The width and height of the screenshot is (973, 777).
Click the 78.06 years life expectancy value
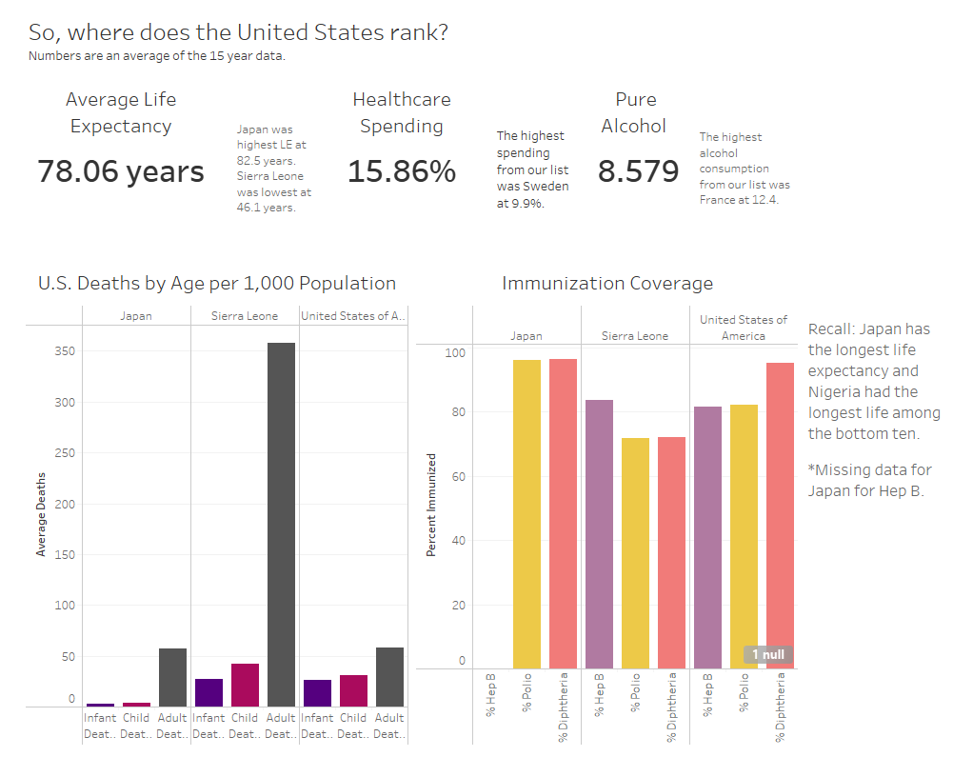click(x=121, y=171)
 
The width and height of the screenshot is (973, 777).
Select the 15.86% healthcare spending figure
click(x=401, y=171)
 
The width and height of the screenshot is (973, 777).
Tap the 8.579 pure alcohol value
click(x=638, y=171)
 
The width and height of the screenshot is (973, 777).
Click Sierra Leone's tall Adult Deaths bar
click(x=281, y=524)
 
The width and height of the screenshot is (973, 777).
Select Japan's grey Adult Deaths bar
click(x=172, y=677)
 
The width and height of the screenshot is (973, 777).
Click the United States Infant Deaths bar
click(x=317, y=692)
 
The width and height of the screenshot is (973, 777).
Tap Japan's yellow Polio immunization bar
click(x=526, y=514)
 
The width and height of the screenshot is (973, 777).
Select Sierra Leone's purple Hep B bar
click(x=599, y=534)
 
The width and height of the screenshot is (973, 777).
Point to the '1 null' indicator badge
click(x=767, y=655)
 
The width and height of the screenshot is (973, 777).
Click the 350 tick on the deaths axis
click(x=64, y=351)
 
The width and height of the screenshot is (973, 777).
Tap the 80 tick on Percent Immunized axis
click(x=458, y=412)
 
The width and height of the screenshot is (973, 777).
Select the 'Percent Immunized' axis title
click(x=431, y=505)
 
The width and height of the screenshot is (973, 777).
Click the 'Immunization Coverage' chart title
click(x=606, y=283)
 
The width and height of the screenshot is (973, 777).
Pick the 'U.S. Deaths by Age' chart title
click(x=217, y=283)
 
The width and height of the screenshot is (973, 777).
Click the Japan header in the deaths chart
click(x=136, y=315)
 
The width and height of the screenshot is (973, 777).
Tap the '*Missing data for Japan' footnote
click(x=869, y=480)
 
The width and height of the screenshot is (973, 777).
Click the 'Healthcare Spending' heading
click(x=401, y=112)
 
